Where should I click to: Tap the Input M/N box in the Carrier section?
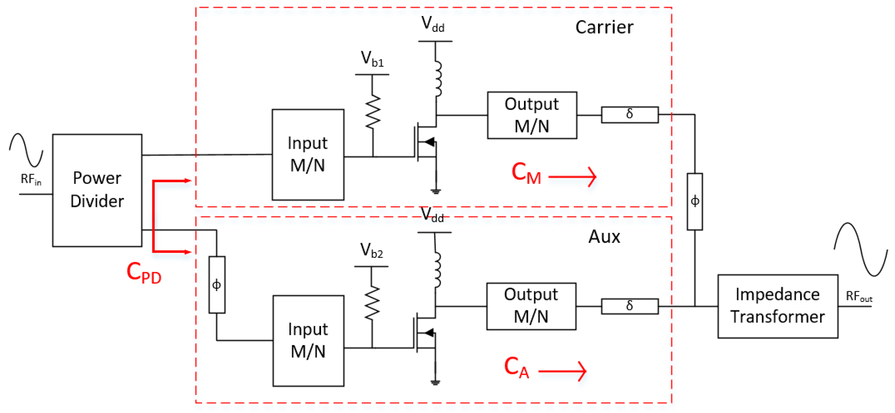(308, 155)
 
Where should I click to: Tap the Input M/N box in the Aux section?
(308, 340)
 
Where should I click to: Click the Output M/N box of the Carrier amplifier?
(532, 115)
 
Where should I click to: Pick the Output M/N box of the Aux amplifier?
(531, 306)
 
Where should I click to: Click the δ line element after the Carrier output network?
(629, 115)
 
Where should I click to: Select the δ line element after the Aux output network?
(629, 306)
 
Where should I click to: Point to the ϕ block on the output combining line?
(694, 202)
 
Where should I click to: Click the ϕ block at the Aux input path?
(217, 284)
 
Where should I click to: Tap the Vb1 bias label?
(372, 59)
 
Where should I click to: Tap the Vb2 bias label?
(371, 250)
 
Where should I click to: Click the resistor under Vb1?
(373, 112)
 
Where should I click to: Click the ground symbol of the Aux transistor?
(435, 382)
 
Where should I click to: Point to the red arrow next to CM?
(573, 176)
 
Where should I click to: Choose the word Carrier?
(604, 27)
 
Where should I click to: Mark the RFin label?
(31, 180)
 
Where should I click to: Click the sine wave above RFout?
(860, 249)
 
